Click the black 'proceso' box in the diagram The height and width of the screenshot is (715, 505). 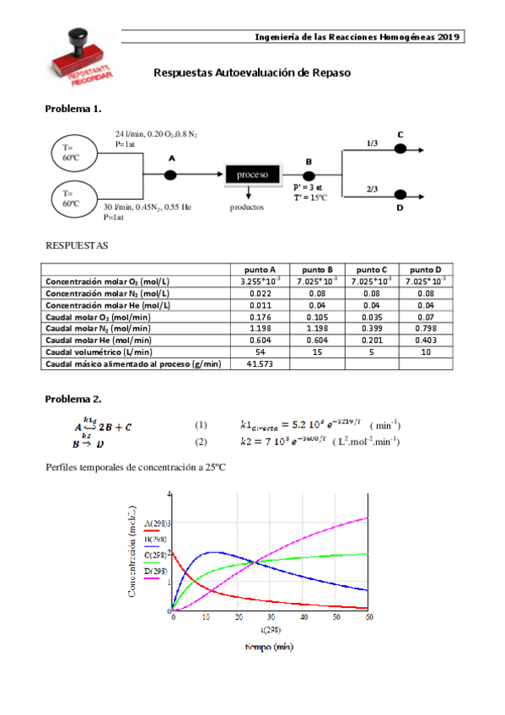click(252, 175)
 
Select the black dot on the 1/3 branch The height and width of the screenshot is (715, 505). click(400, 149)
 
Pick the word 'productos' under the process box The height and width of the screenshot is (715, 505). click(246, 206)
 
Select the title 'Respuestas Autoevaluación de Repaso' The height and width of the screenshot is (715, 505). click(252, 73)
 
